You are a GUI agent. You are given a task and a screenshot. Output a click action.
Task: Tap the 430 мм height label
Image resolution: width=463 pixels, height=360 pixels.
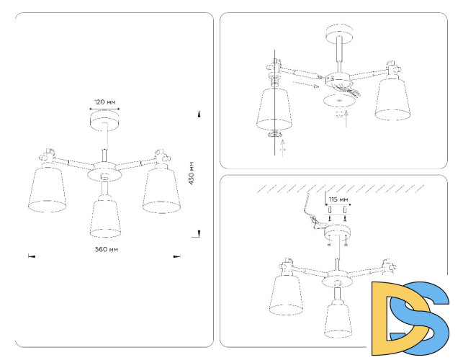[192, 174]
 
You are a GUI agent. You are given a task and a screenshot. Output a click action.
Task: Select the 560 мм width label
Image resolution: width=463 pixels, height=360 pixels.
[106, 249]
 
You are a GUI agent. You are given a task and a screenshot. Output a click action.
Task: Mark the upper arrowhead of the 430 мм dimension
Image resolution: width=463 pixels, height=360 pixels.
[199, 114]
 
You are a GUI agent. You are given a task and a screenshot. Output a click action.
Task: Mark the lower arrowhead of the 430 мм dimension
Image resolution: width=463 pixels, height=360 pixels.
[199, 233]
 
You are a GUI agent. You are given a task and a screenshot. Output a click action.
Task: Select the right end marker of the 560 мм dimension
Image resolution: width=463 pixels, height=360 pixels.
[176, 256]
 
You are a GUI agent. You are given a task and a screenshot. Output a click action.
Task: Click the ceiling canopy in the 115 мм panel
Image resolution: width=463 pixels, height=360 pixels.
[337, 233]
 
